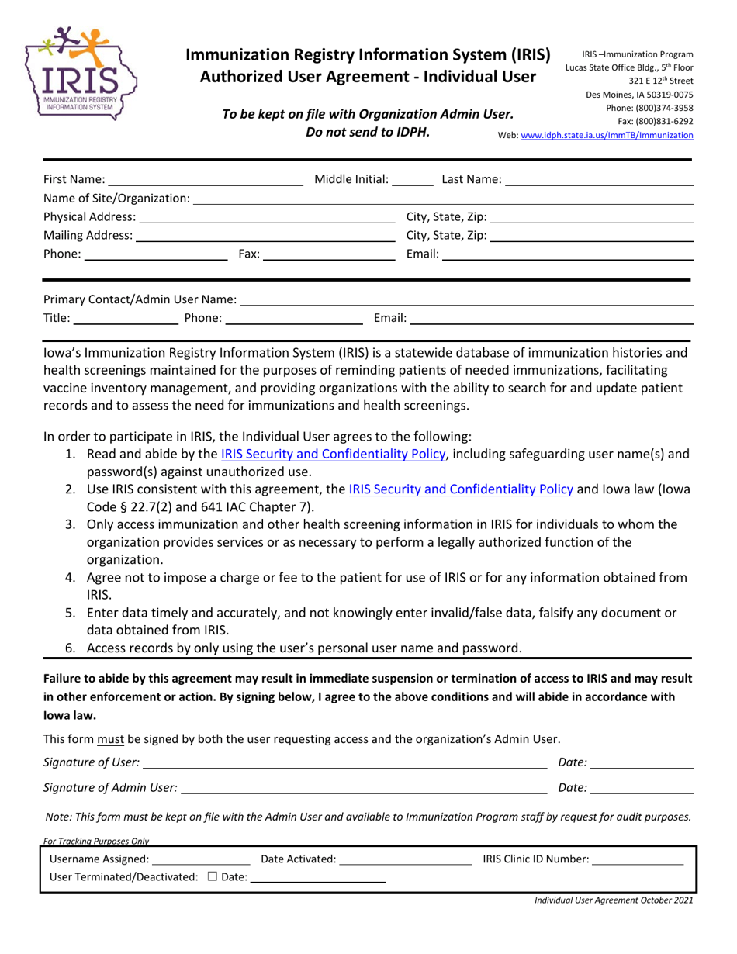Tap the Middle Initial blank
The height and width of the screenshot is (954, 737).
pyautogui.click(x=413, y=180)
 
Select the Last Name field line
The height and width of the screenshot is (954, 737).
pyautogui.click(x=598, y=180)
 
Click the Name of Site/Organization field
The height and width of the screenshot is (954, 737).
pyautogui.click(x=442, y=199)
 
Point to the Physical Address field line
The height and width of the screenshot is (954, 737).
pyautogui.click(x=267, y=217)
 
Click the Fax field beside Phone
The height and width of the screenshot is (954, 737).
pyautogui.click(x=329, y=254)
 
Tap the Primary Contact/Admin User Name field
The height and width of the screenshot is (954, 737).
pyautogui.click(x=465, y=299)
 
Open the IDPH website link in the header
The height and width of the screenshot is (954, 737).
pyautogui.click(x=607, y=135)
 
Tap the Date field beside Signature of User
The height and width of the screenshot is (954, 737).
pyautogui.click(x=642, y=762)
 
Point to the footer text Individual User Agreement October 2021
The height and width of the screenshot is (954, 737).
pyautogui.click(x=612, y=900)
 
